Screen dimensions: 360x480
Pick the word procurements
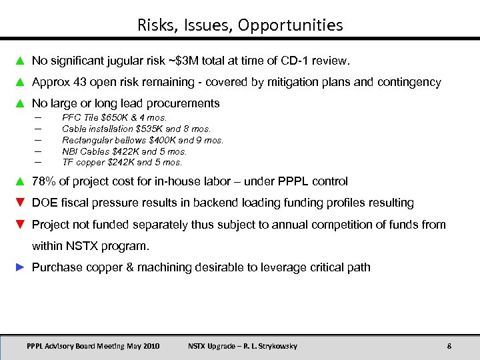[x=185, y=103]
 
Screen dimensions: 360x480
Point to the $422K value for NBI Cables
[x=117, y=151]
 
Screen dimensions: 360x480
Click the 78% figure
[x=44, y=181]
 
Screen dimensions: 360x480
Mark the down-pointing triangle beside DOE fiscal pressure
[x=20, y=203]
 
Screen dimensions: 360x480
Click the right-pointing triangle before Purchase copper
[x=20, y=267]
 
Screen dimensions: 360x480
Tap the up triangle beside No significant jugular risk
[x=20, y=61]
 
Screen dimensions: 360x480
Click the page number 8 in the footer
[x=449, y=346]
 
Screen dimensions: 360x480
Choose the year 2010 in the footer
[x=150, y=346]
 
